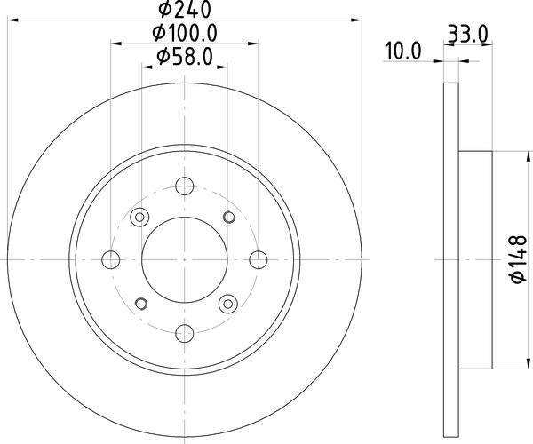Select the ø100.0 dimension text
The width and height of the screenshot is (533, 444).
186,35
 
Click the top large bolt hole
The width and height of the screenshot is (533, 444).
185,186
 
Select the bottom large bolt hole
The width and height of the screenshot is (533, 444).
185,332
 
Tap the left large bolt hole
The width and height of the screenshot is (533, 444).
111,258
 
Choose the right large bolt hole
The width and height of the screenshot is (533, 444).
258,258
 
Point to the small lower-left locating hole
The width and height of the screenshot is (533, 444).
139,302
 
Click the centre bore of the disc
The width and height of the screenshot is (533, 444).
185,258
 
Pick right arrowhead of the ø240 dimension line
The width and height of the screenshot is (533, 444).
359,19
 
